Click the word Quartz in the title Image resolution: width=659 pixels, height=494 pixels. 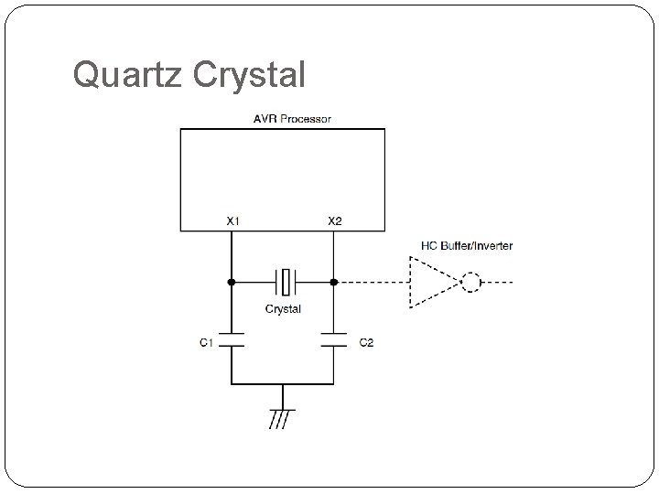coord(127,75)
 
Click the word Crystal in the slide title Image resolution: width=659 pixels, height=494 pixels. coord(249,75)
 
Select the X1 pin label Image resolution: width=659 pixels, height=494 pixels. coord(233,220)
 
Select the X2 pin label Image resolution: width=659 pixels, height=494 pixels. coord(335,220)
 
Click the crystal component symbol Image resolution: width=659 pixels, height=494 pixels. coord(284,282)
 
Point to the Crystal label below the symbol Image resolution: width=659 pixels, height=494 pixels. coord(284,309)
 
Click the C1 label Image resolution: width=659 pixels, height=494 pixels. coord(207,342)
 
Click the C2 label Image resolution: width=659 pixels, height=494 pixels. coord(366,342)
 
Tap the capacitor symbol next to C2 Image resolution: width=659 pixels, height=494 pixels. coord(335,342)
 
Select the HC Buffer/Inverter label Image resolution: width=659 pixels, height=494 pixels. coord(467,245)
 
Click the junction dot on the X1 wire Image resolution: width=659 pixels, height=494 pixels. coord(232,282)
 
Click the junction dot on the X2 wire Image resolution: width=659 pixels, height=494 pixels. coord(335,282)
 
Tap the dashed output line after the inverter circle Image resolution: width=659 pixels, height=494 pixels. coord(498,282)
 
